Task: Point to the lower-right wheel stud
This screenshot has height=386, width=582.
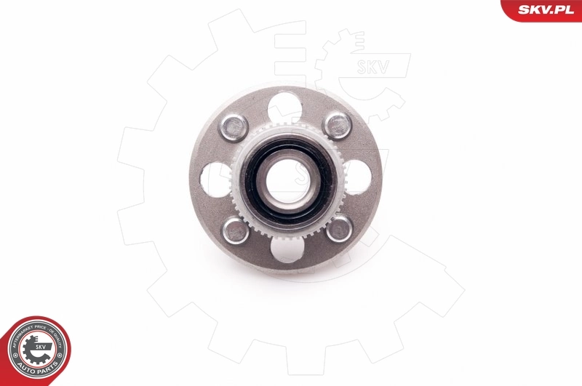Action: tap(338, 230)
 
